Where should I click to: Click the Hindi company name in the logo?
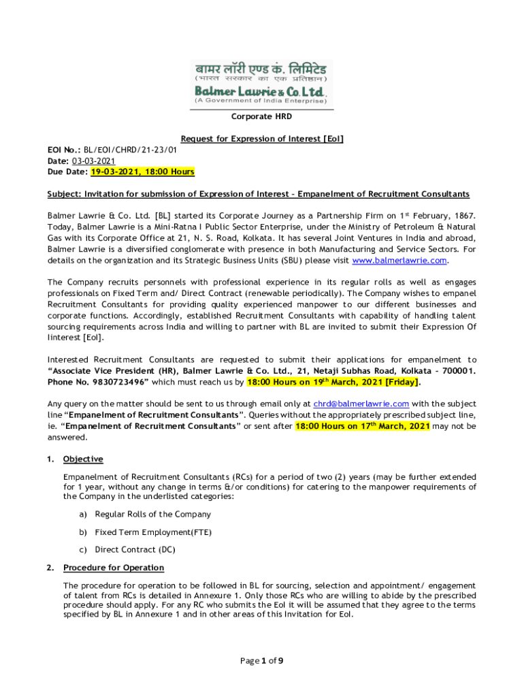pos(261,69)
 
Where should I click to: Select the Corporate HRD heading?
pos(261,117)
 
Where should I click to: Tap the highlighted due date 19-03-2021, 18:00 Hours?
pos(143,172)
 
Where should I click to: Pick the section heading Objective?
pos(83,459)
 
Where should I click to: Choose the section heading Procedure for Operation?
pos(114,568)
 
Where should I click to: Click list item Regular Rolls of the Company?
pos(152,515)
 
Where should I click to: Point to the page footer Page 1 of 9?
pos(261,660)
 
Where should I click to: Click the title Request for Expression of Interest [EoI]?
pos(262,139)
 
